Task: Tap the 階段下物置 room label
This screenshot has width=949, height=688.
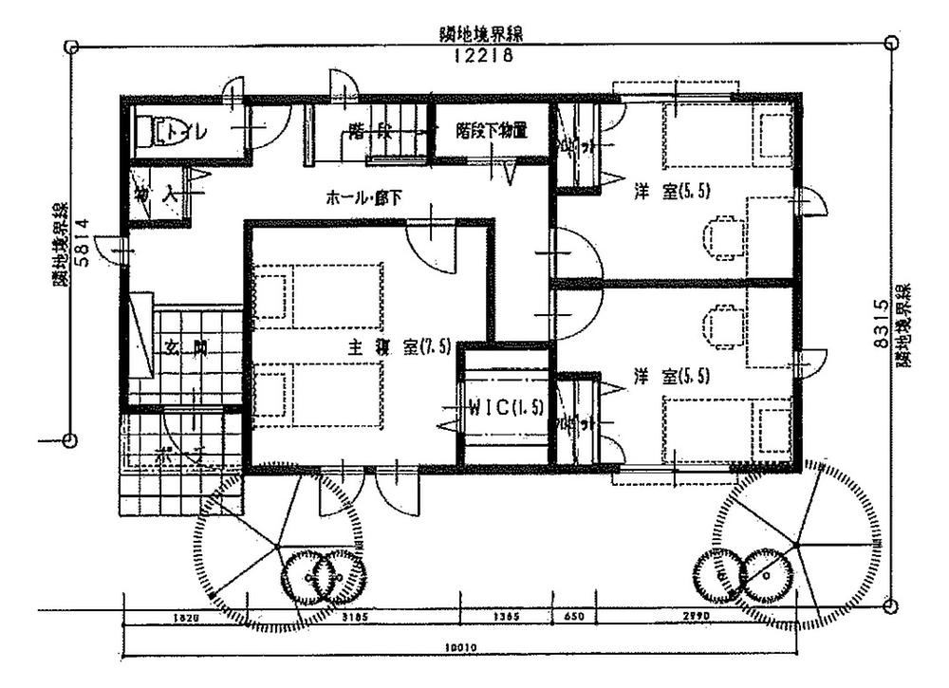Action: pyautogui.click(x=491, y=129)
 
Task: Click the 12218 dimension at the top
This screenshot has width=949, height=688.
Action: pyautogui.click(x=483, y=57)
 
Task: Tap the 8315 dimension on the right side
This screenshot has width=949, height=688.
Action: pyautogui.click(x=881, y=324)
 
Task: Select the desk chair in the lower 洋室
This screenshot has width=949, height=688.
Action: pyautogui.click(x=718, y=325)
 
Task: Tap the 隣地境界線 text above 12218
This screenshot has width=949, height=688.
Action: pyautogui.click(x=483, y=36)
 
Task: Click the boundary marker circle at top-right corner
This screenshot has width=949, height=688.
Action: pyautogui.click(x=890, y=43)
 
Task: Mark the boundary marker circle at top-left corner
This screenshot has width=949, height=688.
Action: pyautogui.click(x=69, y=46)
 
